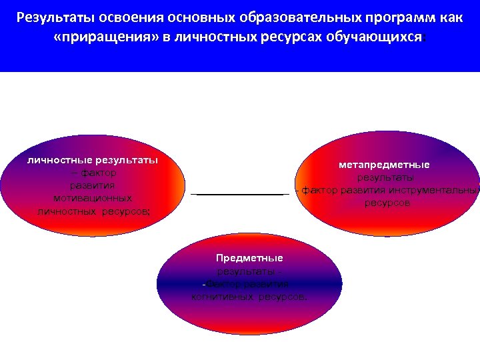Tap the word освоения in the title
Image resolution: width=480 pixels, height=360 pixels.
point(119,16)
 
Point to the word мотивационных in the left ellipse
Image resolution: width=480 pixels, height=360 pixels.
point(93,198)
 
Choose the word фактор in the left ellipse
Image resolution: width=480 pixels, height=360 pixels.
point(98,173)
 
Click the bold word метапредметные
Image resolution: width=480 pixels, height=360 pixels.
point(384,165)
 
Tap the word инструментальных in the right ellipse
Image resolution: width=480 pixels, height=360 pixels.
point(433,190)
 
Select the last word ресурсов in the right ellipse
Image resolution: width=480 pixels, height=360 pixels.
point(387,203)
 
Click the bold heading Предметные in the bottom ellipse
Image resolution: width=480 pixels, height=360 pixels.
point(249,258)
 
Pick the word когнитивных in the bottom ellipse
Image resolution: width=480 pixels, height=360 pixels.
point(225,296)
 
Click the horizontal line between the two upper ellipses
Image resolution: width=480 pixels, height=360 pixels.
point(239,194)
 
